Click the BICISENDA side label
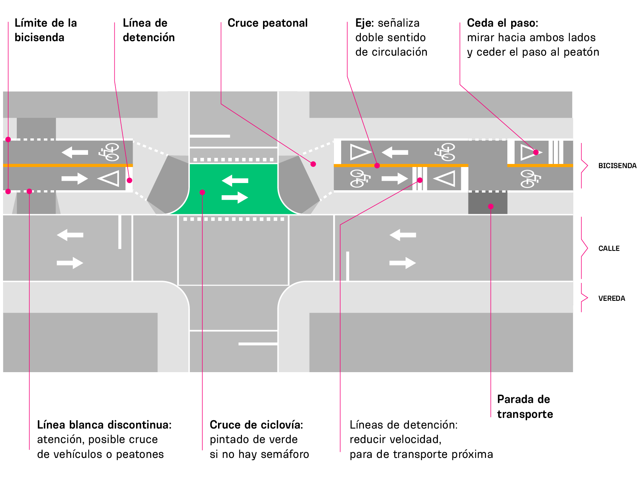(x=617, y=166)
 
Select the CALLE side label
(x=608, y=248)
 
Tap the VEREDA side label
(x=611, y=298)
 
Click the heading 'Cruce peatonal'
(x=268, y=23)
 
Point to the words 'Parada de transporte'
(x=525, y=406)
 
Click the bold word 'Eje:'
(x=364, y=23)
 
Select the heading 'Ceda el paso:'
(x=503, y=23)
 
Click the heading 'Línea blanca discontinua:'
(x=104, y=425)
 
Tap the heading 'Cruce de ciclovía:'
(x=256, y=425)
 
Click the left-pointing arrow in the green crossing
(x=235, y=180)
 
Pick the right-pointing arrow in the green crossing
(x=235, y=198)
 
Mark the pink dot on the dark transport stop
(x=491, y=206)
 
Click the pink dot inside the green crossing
(x=202, y=192)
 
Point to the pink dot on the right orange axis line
(x=377, y=165)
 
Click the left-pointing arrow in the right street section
(x=403, y=235)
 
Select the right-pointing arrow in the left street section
(x=70, y=263)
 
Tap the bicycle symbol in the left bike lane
(x=109, y=152)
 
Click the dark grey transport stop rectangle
(x=488, y=203)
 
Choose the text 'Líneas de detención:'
(x=403, y=425)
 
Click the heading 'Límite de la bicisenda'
(x=46, y=30)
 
